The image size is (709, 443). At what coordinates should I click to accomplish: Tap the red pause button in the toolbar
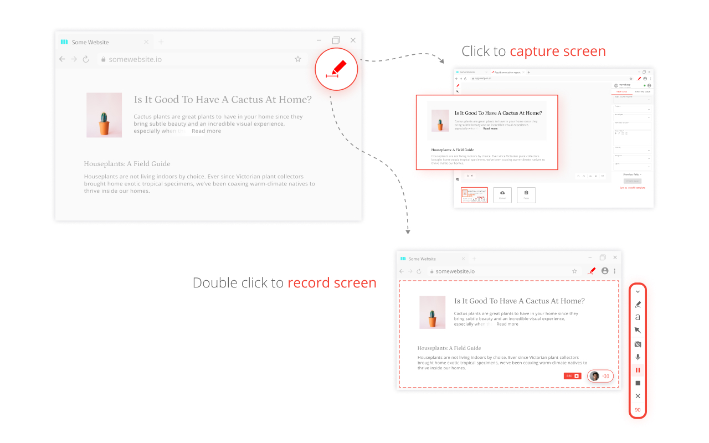(x=638, y=370)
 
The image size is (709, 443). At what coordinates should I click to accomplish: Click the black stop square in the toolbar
(x=638, y=383)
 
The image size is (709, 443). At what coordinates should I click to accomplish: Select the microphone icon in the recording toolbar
(x=638, y=357)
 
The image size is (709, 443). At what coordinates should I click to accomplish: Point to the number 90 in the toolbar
(x=638, y=410)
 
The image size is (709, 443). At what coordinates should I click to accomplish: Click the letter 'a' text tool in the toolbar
(x=638, y=317)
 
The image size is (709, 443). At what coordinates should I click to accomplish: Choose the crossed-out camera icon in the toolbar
(x=638, y=344)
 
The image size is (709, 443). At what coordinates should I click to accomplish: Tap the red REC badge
(x=572, y=376)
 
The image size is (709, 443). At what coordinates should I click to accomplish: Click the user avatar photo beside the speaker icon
(x=595, y=376)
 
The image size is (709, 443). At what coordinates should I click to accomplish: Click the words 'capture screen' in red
(x=557, y=51)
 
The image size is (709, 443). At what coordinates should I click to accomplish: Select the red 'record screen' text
(x=332, y=283)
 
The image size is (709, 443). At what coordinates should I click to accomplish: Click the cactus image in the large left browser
(x=104, y=115)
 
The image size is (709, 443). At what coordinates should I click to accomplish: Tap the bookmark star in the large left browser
(x=298, y=59)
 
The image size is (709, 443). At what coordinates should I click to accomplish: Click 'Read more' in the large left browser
(x=206, y=131)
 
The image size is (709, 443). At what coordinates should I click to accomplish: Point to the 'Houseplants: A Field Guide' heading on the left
(x=127, y=164)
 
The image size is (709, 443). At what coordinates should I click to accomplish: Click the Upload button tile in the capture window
(x=502, y=195)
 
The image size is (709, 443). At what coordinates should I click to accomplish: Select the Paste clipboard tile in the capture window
(x=526, y=195)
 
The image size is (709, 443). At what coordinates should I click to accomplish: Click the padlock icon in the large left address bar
(x=102, y=59)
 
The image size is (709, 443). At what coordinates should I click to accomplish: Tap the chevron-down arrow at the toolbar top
(x=638, y=292)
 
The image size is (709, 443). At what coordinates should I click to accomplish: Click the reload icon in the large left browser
(x=86, y=59)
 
